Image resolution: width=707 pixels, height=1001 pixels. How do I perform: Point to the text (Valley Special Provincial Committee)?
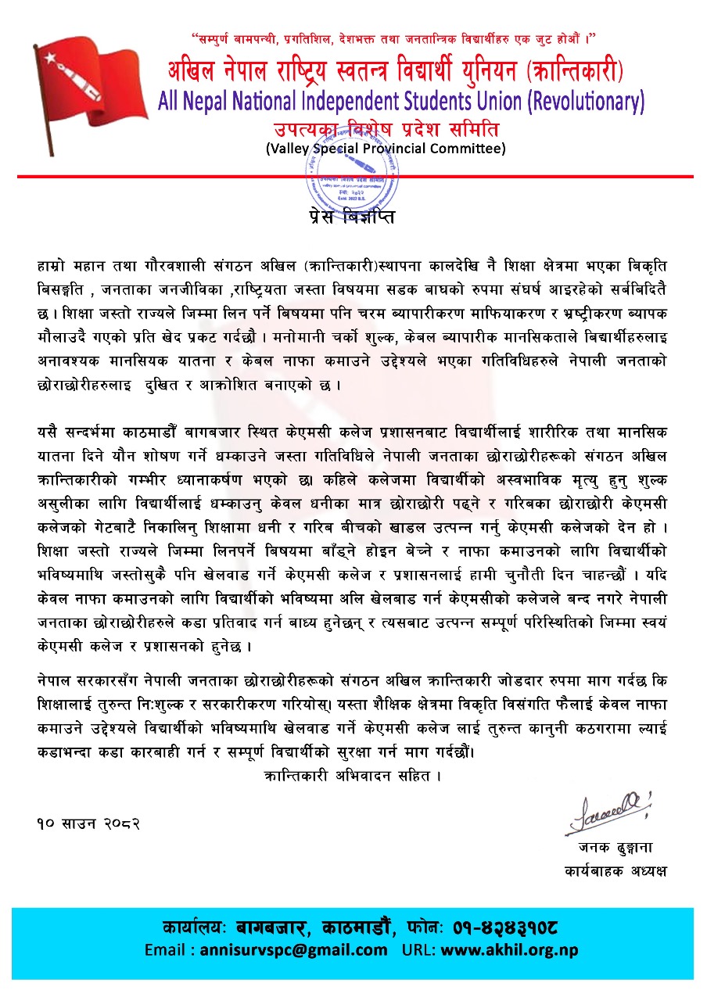tap(386, 148)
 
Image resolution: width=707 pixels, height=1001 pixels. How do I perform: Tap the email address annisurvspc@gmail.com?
tap(293, 950)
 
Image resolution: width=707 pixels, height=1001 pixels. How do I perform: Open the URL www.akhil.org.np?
tap(509, 950)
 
